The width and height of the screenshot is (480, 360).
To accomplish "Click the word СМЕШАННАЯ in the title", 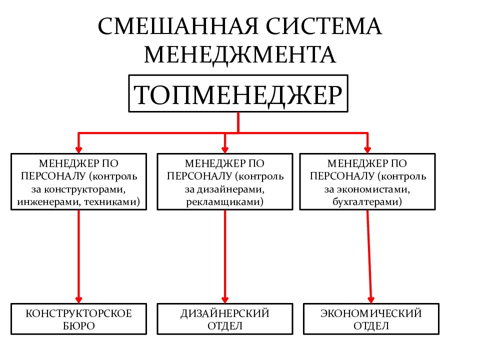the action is click(178, 26).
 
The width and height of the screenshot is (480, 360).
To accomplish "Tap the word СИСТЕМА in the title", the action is click(324, 26).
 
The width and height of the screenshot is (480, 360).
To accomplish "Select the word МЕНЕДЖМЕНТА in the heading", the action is click(240, 55).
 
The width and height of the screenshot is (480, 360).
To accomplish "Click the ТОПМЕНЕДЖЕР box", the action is click(238, 93).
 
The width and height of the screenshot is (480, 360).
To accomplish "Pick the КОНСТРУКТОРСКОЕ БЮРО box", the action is click(78, 319).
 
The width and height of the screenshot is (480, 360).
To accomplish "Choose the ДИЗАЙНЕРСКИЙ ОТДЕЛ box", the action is click(225, 319).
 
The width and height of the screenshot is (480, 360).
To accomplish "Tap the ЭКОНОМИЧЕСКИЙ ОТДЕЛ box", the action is click(371, 319).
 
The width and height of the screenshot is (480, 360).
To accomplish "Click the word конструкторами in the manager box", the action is click(84, 189).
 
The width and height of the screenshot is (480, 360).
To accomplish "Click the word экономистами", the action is click(373, 189).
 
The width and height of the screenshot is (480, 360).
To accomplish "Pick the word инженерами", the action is click(49, 202).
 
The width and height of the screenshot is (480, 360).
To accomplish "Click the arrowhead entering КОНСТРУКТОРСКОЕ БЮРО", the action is click(78, 299).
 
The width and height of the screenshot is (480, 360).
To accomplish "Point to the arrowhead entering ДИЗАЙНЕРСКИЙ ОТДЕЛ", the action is click(225, 299).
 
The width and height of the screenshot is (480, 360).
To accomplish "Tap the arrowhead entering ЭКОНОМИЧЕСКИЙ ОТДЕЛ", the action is click(371, 299).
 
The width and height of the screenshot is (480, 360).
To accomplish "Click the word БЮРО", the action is click(78, 325).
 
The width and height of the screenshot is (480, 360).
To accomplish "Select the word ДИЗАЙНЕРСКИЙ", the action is click(225, 313).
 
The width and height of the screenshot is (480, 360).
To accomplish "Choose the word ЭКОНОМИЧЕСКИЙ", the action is click(371, 313).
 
